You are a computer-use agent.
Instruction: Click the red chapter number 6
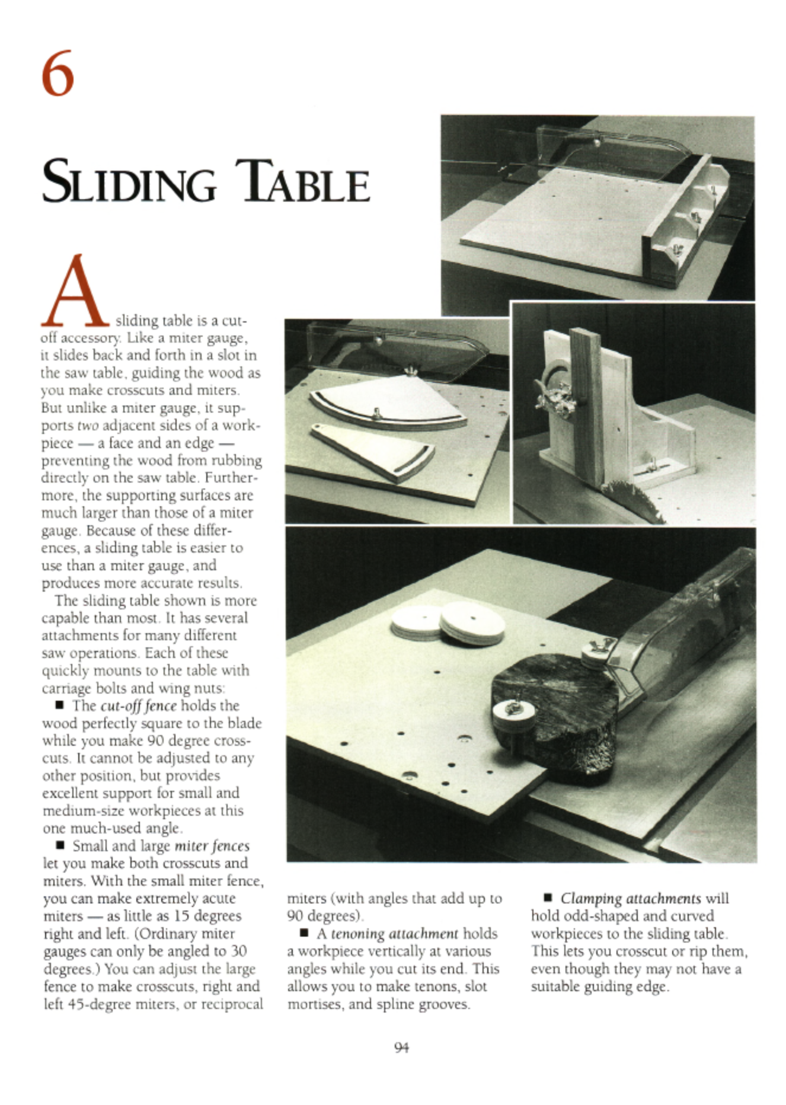(x=58, y=74)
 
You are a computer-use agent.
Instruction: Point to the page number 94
(x=401, y=1047)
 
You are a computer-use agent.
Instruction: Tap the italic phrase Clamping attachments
(x=631, y=899)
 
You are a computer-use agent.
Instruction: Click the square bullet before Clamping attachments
(x=548, y=899)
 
